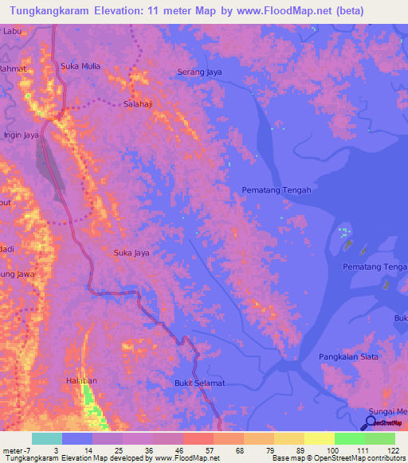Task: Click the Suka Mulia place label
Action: point(80,66)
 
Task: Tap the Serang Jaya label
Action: point(198,72)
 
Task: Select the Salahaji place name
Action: point(141,104)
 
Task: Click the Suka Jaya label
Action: point(131,253)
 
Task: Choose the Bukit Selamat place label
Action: point(199,383)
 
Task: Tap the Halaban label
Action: point(80,382)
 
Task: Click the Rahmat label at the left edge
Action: point(12,68)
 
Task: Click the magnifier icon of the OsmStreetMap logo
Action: point(369,422)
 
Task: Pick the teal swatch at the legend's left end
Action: point(46,438)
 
